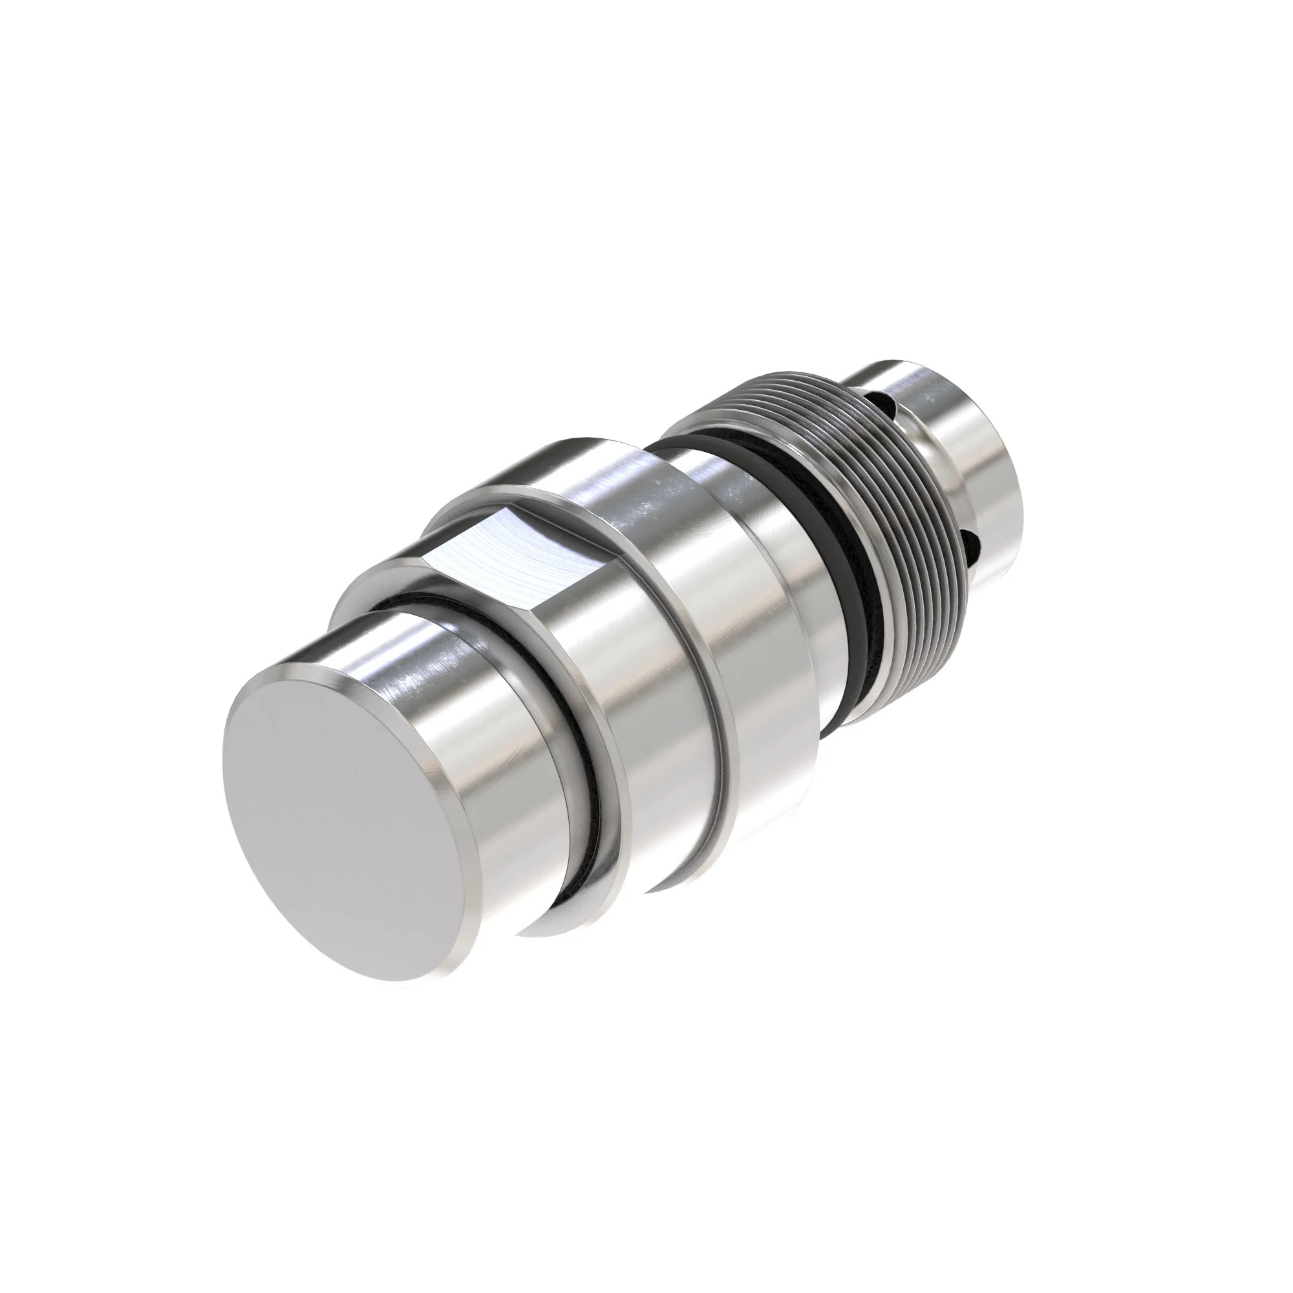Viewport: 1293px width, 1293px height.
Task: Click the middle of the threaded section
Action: [910, 509]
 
